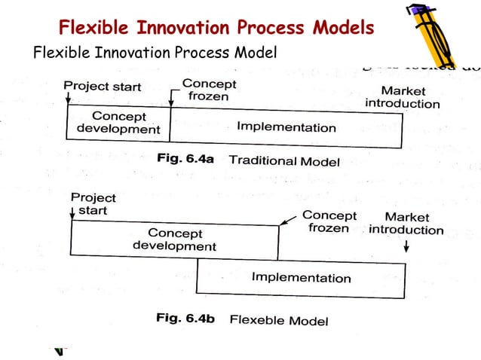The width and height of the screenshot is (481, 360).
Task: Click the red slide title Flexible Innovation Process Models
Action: pyautogui.click(x=216, y=29)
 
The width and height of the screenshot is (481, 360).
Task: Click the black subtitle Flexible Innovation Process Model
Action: pyautogui.click(x=155, y=53)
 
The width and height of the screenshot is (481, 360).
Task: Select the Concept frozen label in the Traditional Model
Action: pyautogui.click(x=209, y=90)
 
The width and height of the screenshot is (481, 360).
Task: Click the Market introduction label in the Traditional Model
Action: pyautogui.click(x=402, y=97)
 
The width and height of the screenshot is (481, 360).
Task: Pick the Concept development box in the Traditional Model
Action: pyautogui.click(x=119, y=123)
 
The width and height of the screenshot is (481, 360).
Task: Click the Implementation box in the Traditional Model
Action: pyautogui.click(x=286, y=127)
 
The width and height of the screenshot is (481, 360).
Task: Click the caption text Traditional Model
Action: pyautogui.click(x=284, y=161)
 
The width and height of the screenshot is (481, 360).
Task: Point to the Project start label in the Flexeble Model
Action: pyautogui.click(x=93, y=204)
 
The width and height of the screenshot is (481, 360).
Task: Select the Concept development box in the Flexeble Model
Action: pyautogui.click(x=174, y=239)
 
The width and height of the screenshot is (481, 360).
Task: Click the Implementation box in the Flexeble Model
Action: pyautogui.click(x=301, y=277)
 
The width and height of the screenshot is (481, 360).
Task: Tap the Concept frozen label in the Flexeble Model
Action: pyautogui.click(x=329, y=222)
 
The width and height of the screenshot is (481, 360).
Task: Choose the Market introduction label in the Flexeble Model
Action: pyautogui.click(x=406, y=224)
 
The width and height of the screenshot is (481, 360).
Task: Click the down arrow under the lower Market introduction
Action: pyautogui.click(x=406, y=246)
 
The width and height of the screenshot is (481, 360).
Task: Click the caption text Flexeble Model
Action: pyautogui.click(x=278, y=320)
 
